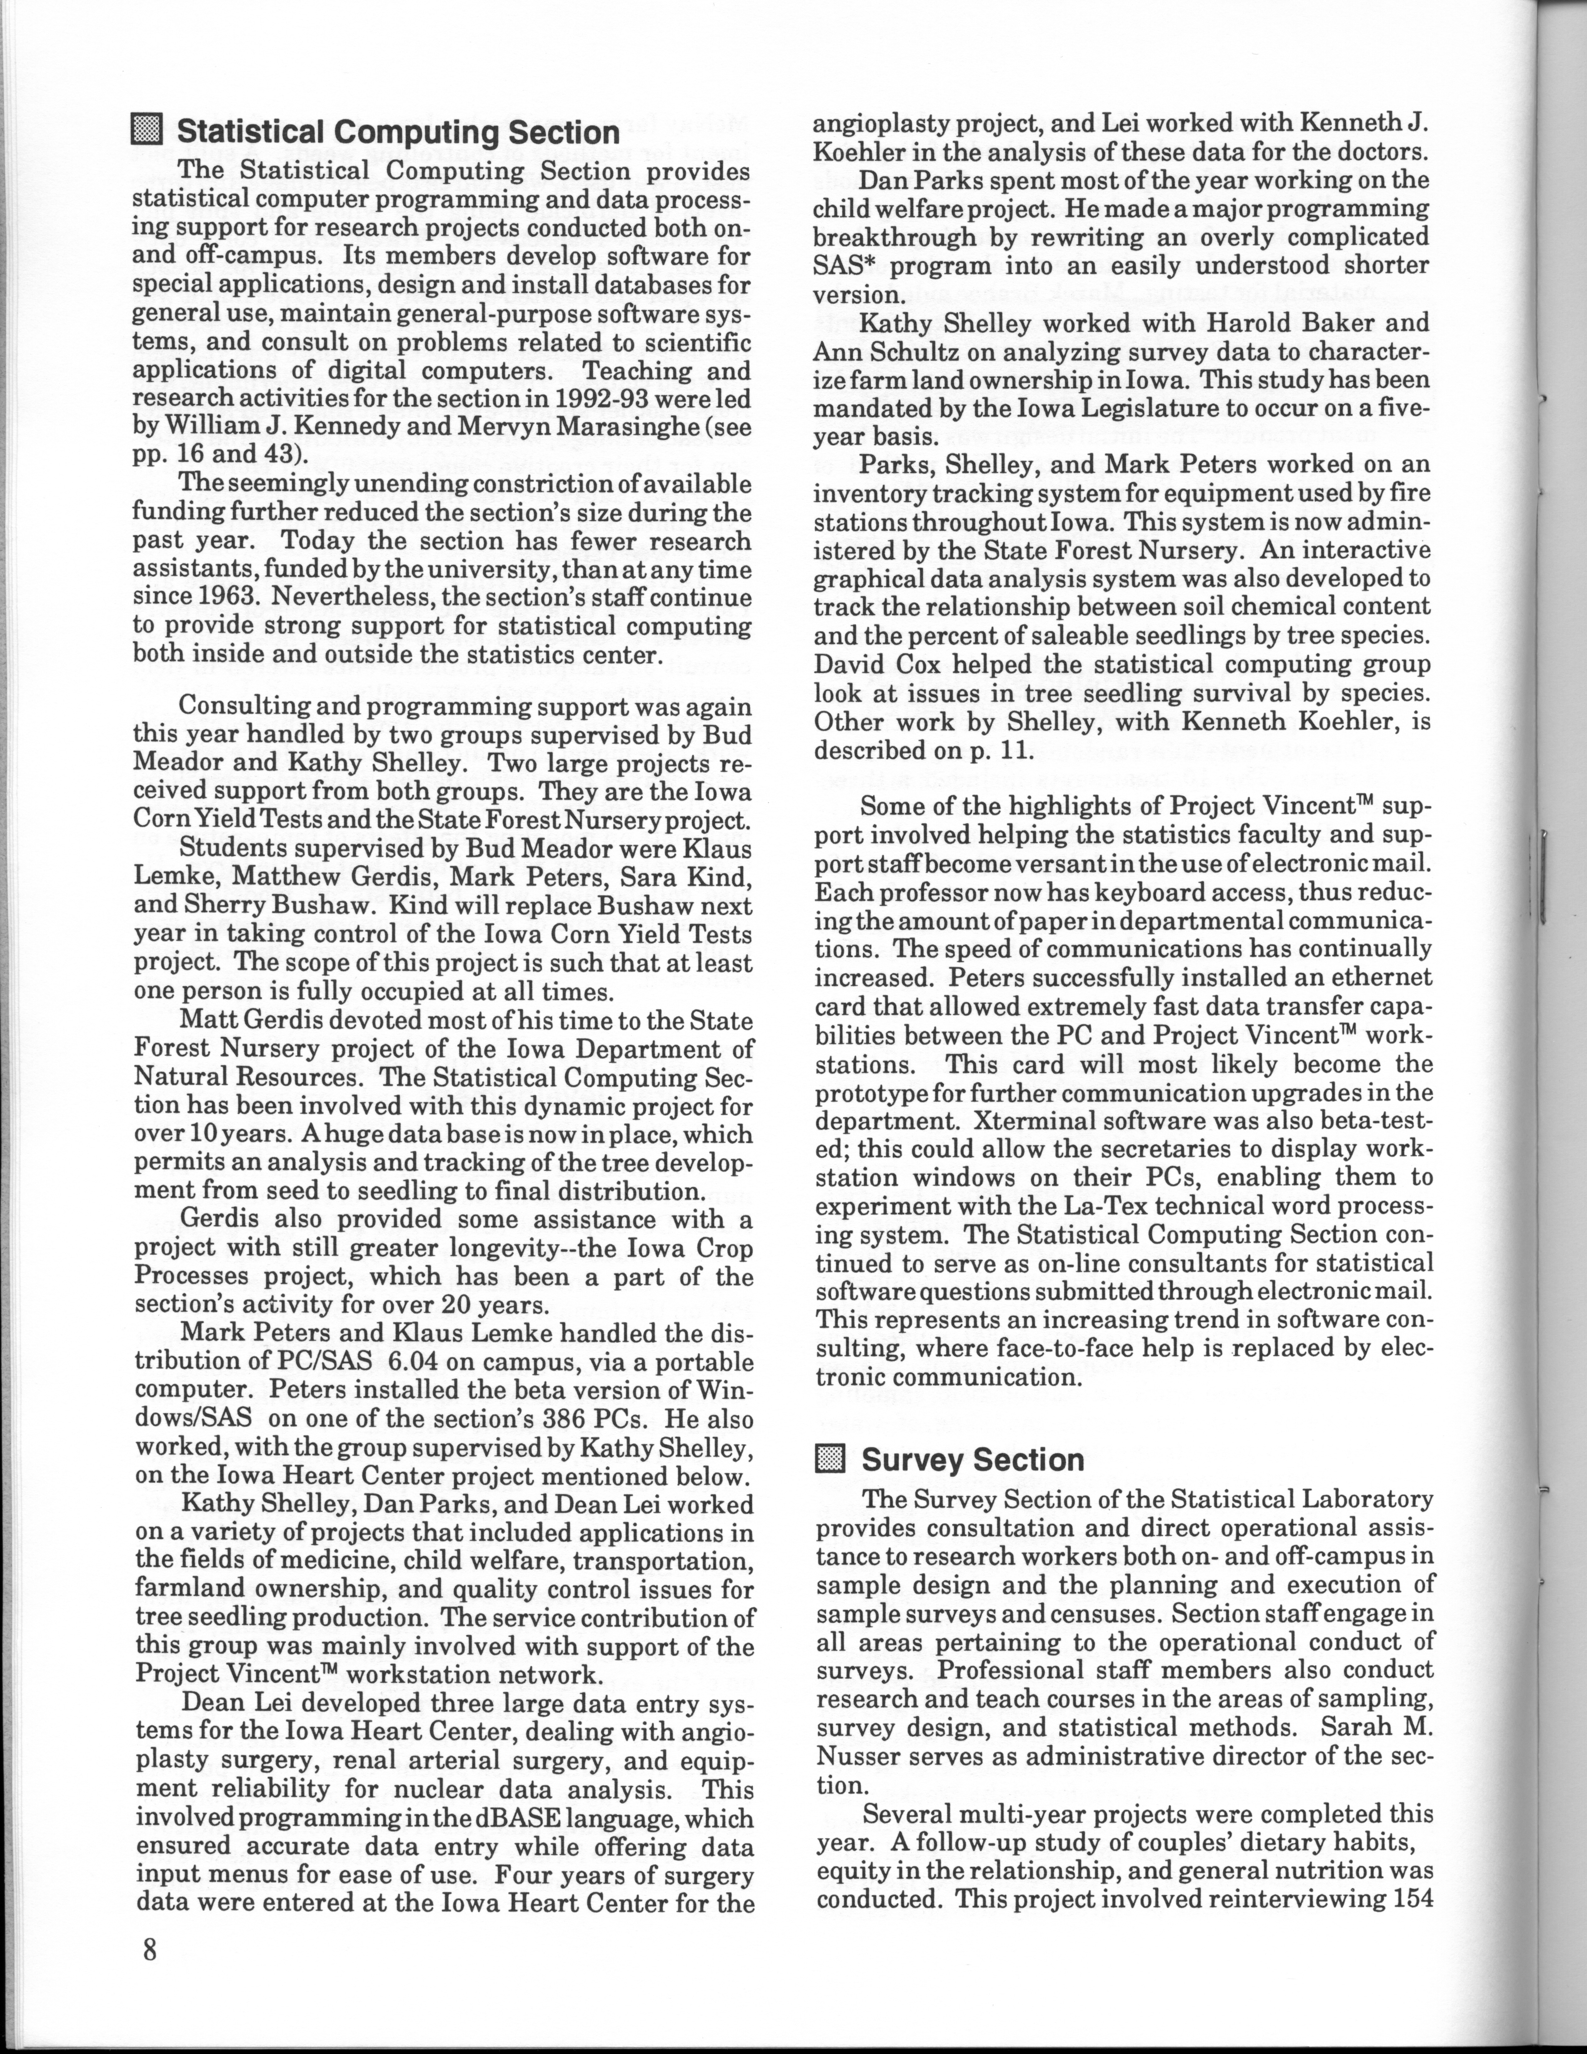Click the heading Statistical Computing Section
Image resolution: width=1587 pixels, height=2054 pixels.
(399, 133)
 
